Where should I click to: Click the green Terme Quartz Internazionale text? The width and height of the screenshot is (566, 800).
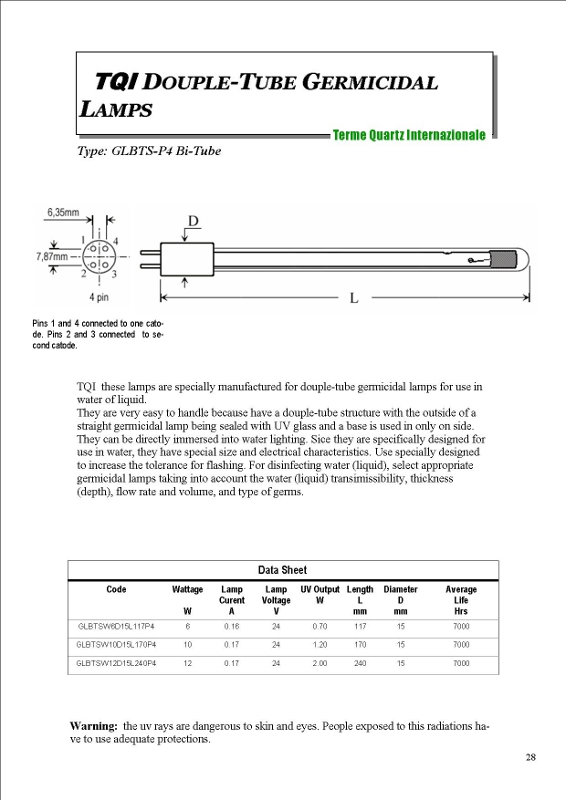409,135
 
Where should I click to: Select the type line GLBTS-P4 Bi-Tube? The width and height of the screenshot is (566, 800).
149,151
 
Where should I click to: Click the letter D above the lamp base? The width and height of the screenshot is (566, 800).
194,221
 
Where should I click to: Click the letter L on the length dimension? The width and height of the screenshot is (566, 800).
354,297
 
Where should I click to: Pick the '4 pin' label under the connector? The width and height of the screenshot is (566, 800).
101,297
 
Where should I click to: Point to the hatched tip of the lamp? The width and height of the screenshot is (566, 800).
508,260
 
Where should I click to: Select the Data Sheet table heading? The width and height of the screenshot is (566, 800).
282,570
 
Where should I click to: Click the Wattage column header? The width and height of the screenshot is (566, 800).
188,589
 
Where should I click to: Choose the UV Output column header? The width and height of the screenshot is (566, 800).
320,589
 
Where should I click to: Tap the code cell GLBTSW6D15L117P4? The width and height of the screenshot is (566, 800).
116,627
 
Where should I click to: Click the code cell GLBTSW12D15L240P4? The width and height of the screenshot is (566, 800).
116,663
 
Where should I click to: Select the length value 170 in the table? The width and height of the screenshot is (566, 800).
360,645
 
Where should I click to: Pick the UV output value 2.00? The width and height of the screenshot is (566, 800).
320,663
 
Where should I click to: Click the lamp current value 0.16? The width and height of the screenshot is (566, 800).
231,627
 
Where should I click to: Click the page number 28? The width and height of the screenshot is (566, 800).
530,757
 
